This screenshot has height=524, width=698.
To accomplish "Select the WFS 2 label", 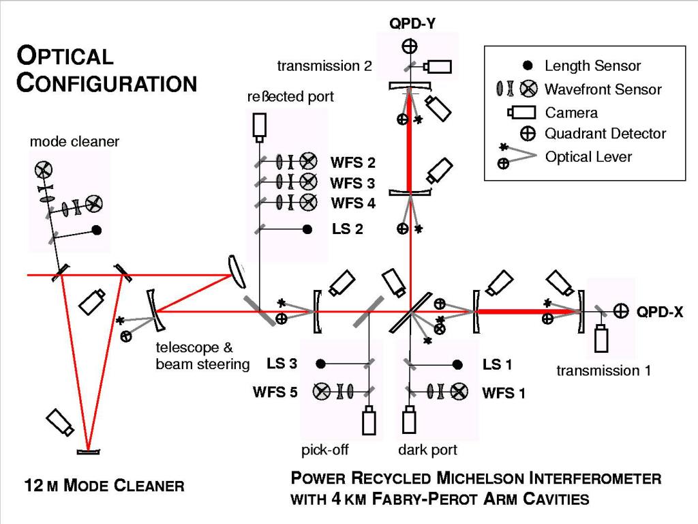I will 352,162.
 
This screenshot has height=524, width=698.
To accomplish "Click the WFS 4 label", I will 352,203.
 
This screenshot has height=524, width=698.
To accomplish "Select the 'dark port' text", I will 427,450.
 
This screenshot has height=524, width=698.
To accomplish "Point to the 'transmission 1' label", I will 603,370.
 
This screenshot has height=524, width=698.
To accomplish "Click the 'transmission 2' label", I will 324,65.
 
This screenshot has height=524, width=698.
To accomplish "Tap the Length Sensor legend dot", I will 527,66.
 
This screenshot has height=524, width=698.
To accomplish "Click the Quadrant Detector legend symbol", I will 527,134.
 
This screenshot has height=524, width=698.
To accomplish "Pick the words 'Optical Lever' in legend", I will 589,156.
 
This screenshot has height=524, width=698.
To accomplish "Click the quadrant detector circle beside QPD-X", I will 620,311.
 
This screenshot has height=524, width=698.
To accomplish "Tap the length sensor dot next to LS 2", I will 308,229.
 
